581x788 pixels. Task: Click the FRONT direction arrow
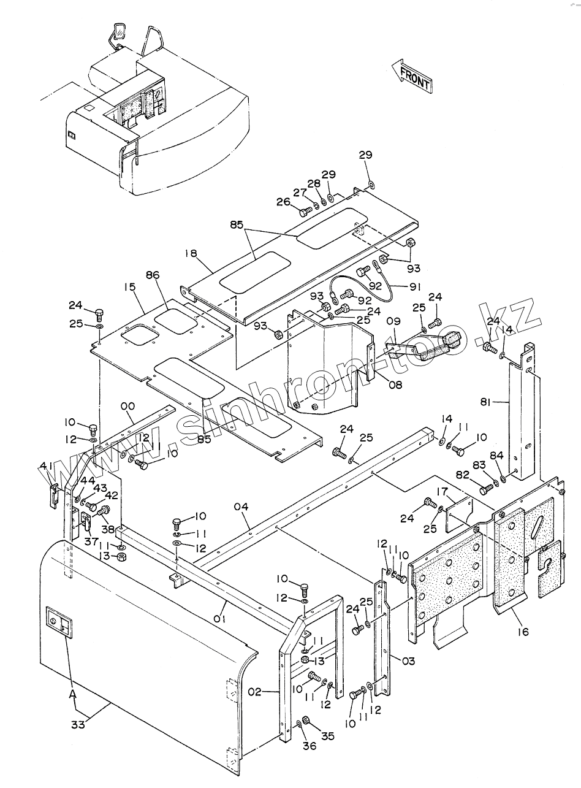pos(412,77)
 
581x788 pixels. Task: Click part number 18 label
pos(191,254)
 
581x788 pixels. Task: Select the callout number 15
pos(130,287)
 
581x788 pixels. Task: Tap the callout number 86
pos(153,275)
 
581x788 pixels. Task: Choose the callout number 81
pos(486,402)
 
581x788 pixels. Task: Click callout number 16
pos(523,632)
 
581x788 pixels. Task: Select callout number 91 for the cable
pos(415,287)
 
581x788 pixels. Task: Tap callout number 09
pos(393,321)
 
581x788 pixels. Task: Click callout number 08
pos(395,384)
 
